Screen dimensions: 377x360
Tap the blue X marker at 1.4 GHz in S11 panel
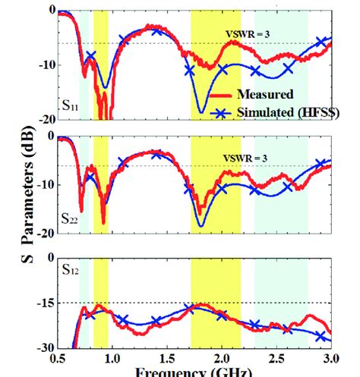click(157, 30)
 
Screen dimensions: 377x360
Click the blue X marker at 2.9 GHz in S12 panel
click(321, 335)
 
